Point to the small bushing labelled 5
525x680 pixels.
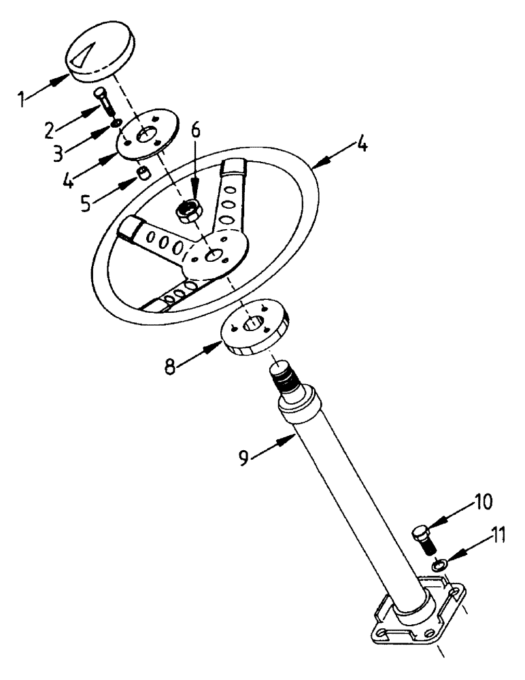coord(142,173)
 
